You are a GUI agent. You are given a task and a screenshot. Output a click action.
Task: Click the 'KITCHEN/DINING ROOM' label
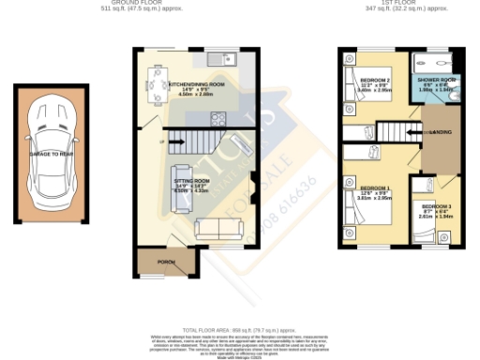pyautogui.click(x=197, y=84)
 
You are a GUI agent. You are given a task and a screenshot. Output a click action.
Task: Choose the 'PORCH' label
pyautogui.click(x=167, y=262)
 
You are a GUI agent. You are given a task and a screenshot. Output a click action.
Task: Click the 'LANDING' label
pyautogui.click(x=441, y=132)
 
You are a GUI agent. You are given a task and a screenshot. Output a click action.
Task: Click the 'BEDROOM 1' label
pyautogui.click(x=374, y=189)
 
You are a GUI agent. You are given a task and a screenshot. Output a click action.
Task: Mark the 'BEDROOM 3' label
pyautogui.click(x=435, y=206)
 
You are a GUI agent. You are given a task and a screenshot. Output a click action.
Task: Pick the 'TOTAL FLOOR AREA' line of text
pyautogui.click(x=239, y=331)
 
